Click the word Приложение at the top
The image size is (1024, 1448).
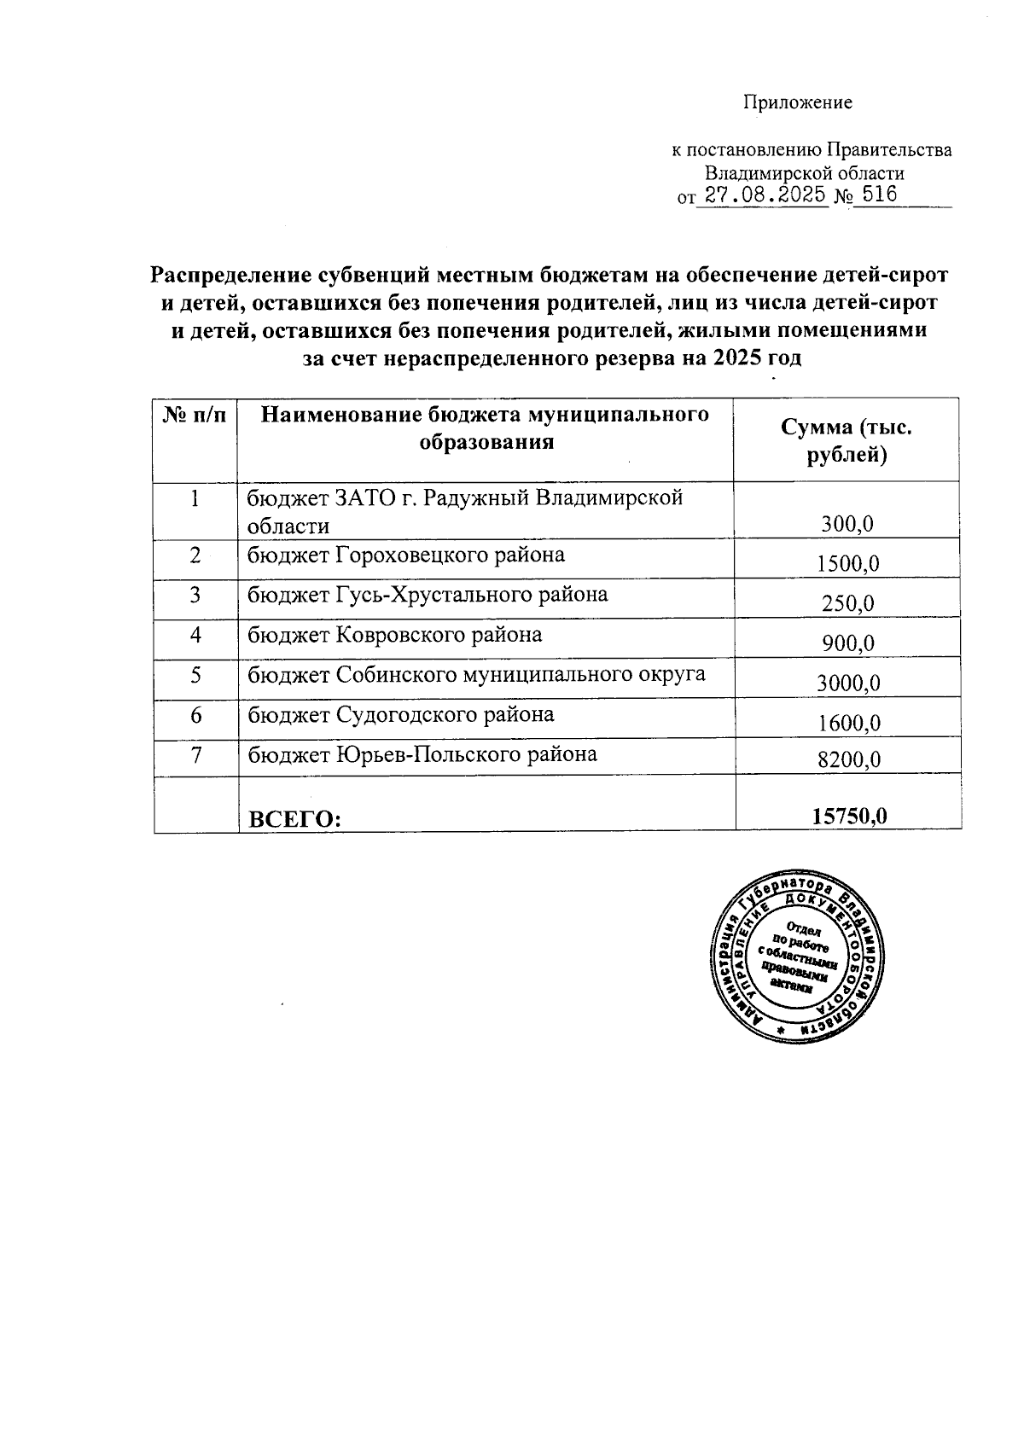pos(798,103)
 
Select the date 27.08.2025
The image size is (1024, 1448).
pos(762,195)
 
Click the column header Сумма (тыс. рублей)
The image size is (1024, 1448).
pos(847,441)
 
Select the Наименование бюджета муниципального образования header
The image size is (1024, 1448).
pos(485,428)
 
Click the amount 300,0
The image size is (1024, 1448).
pos(847,524)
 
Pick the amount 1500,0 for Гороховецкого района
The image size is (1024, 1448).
pos(847,563)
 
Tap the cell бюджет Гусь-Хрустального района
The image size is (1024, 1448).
pos(428,595)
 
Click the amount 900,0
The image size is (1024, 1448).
pos(847,643)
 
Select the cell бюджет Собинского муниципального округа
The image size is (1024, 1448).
pos(476,674)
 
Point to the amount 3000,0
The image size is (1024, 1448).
pos(847,683)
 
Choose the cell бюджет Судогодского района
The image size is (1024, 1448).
pos(400,714)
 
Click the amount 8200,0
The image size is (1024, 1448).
pos(848,759)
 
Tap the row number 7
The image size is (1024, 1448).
pos(195,754)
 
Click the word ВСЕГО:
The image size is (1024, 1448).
pos(294,820)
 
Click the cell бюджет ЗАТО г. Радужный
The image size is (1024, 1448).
pos(464,510)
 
